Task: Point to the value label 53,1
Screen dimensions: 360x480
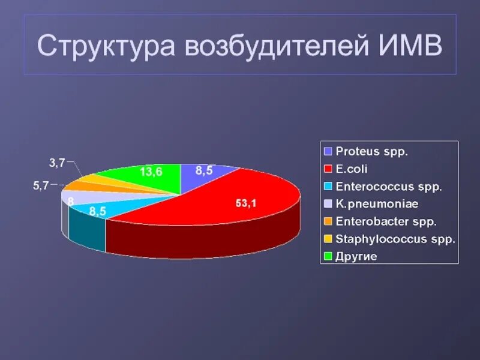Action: [x=245, y=203]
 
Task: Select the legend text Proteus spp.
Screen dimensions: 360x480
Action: [x=372, y=151]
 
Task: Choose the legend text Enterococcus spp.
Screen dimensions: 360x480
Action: [x=389, y=186]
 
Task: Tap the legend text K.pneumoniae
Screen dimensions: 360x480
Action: [x=377, y=203]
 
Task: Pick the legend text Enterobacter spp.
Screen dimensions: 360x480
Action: [x=386, y=221]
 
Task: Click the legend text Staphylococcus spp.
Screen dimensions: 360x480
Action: [x=395, y=238]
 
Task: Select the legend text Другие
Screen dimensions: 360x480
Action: [x=356, y=256]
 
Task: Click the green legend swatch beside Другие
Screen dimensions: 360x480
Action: [x=328, y=256]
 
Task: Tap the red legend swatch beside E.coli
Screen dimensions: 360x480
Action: [x=328, y=169]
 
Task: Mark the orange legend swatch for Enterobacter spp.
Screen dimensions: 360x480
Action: [x=328, y=221]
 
